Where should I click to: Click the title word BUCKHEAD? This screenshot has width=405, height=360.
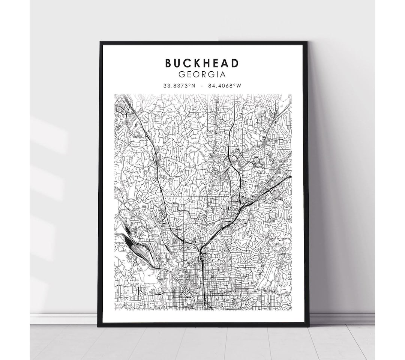coord(202,63)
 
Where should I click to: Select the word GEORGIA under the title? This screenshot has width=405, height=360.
coord(202,75)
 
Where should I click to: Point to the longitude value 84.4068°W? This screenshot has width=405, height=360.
coord(226,86)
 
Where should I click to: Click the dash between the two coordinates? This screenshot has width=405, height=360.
coord(202,86)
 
